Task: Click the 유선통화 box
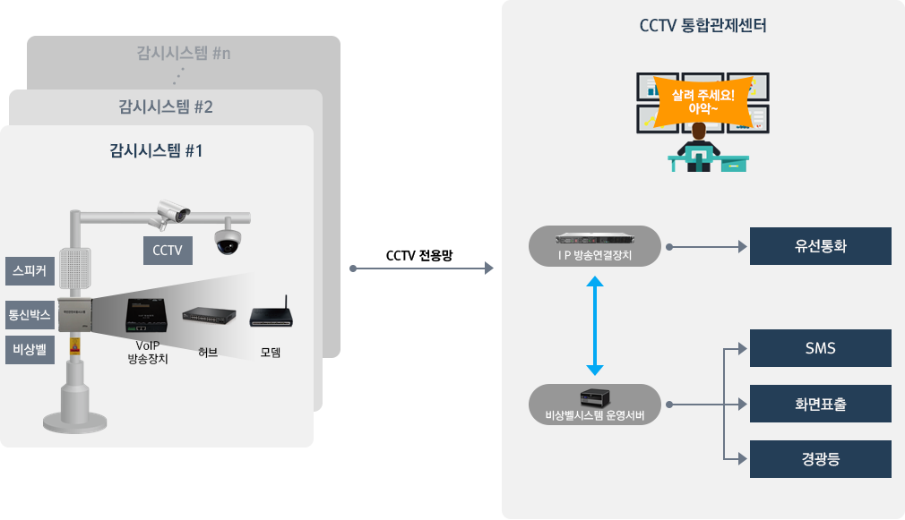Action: coord(820,246)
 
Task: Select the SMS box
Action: coord(820,348)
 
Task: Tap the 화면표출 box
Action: coord(820,404)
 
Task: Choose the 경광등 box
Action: coord(820,459)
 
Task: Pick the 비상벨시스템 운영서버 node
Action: coord(595,404)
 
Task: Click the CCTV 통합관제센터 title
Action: coord(702,26)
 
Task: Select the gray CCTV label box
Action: coord(168,251)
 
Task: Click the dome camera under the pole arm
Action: coord(228,240)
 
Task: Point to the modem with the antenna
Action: coord(271,315)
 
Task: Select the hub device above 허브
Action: coord(210,317)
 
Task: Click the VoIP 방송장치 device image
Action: coord(147,315)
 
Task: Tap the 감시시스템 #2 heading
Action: coord(166,107)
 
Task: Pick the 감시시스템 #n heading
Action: coord(184,53)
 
